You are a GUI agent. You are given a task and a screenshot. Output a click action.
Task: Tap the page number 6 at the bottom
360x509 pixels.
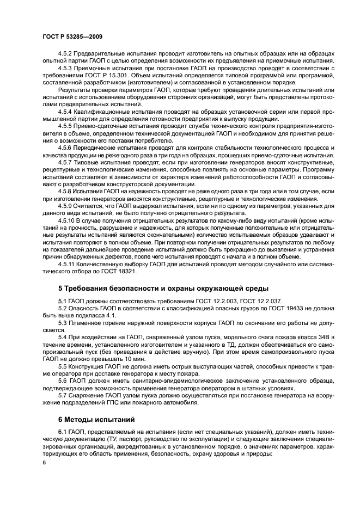click(44, 462)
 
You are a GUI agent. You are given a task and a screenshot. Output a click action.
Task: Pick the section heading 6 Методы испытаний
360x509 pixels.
click(96, 421)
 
